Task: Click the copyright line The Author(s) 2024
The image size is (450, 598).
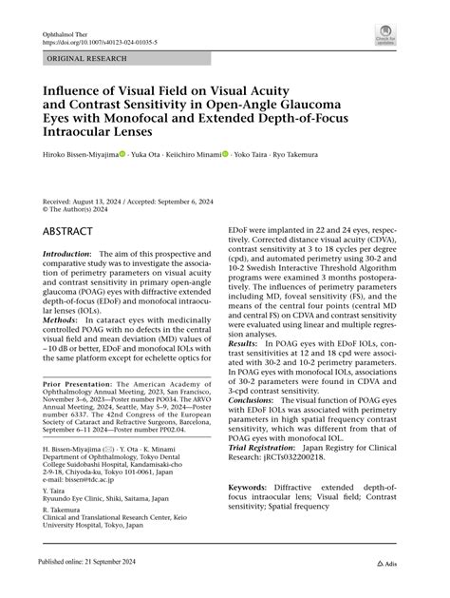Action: (83, 210)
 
